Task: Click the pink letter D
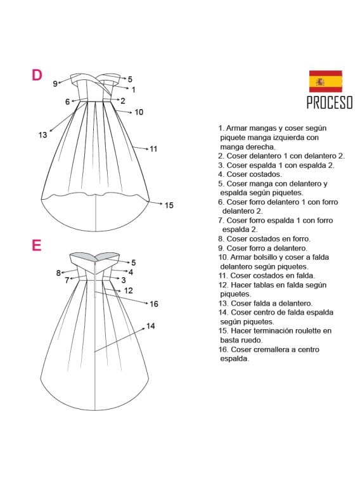(37, 75)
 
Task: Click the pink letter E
(36, 245)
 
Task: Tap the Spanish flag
(325, 81)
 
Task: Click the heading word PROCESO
(330, 102)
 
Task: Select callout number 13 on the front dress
(43, 134)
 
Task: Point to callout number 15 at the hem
(169, 205)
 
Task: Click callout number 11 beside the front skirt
(153, 149)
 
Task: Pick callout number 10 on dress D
(139, 112)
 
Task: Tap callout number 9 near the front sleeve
(55, 83)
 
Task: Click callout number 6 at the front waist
(68, 101)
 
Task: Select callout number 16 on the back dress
(154, 304)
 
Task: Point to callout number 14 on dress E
(150, 326)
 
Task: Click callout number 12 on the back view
(129, 290)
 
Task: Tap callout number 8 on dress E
(58, 273)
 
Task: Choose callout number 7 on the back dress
(67, 280)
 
